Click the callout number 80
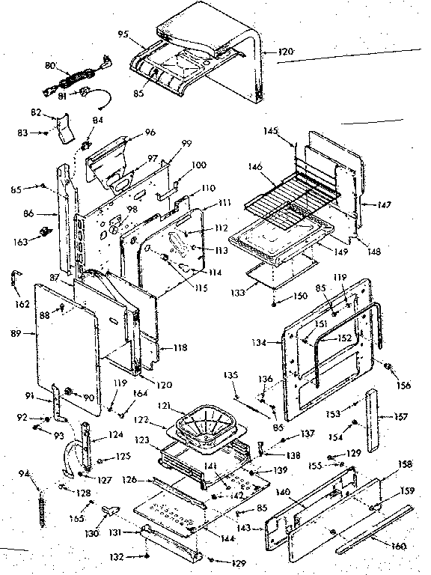[x=51, y=66]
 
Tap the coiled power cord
[x=76, y=76]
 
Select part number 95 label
[x=123, y=33]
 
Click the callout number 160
[x=399, y=546]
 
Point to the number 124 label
[x=115, y=433]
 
